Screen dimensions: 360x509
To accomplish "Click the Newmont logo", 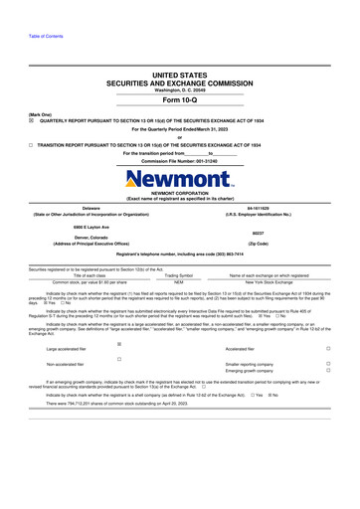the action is [179, 182].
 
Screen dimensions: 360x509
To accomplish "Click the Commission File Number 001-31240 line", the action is [179, 161].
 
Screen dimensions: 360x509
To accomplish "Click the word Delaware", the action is [90, 208].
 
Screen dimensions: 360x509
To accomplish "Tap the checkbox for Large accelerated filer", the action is [118, 343].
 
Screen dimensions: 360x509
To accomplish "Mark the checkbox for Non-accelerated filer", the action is [118, 359].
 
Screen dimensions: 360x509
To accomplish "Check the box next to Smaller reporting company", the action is [328, 365].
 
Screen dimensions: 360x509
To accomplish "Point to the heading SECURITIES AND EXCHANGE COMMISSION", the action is [179, 84].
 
